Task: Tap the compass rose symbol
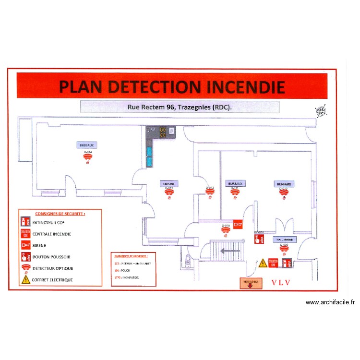point(321,111)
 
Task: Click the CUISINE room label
point(169,183)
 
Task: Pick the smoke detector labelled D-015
point(225,230)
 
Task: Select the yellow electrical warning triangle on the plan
point(263,263)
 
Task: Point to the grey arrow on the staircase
point(229,250)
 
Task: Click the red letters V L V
point(281,282)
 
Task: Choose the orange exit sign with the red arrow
point(251,284)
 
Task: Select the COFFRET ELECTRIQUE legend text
point(52,279)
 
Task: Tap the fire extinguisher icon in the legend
point(25,222)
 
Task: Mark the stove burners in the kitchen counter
point(166,131)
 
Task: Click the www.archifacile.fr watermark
point(330,302)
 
